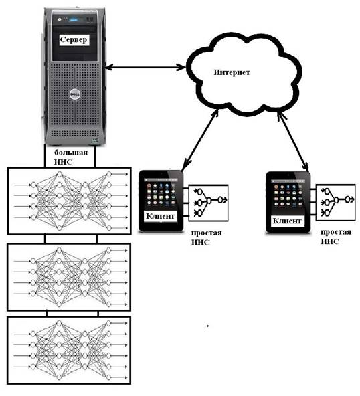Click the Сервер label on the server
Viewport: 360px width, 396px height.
pyautogui.click(x=74, y=40)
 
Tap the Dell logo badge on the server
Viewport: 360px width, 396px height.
pyautogui.click(x=75, y=94)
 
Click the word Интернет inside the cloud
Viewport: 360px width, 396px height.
pyautogui.click(x=232, y=72)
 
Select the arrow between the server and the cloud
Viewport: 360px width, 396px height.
pyautogui.click(x=146, y=68)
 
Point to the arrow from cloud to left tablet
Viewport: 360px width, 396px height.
pyautogui.click(x=200, y=139)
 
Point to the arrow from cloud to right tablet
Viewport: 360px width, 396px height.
pyautogui.click(x=293, y=141)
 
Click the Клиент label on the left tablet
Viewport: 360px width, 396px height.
pyautogui.click(x=160, y=216)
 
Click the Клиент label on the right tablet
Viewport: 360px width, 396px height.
pyautogui.click(x=287, y=221)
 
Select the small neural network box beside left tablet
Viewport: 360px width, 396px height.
pyautogui.click(x=208, y=203)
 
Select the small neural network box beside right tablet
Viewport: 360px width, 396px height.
pyautogui.click(x=335, y=203)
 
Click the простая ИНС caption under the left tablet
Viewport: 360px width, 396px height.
pyautogui.click(x=207, y=237)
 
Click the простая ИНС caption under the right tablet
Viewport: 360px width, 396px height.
pyautogui.click(x=336, y=237)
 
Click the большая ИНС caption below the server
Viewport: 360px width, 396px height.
pyautogui.click(x=71, y=157)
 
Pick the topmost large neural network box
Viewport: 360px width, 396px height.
pyautogui.click(x=70, y=201)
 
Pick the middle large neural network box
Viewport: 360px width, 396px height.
pyautogui.click(x=69, y=277)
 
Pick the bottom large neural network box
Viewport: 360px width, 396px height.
pyautogui.click(x=69, y=350)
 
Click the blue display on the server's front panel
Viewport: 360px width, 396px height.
pyautogui.click(x=76, y=19)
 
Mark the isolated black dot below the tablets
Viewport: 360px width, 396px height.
pyautogui.click(x=207, y=326)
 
